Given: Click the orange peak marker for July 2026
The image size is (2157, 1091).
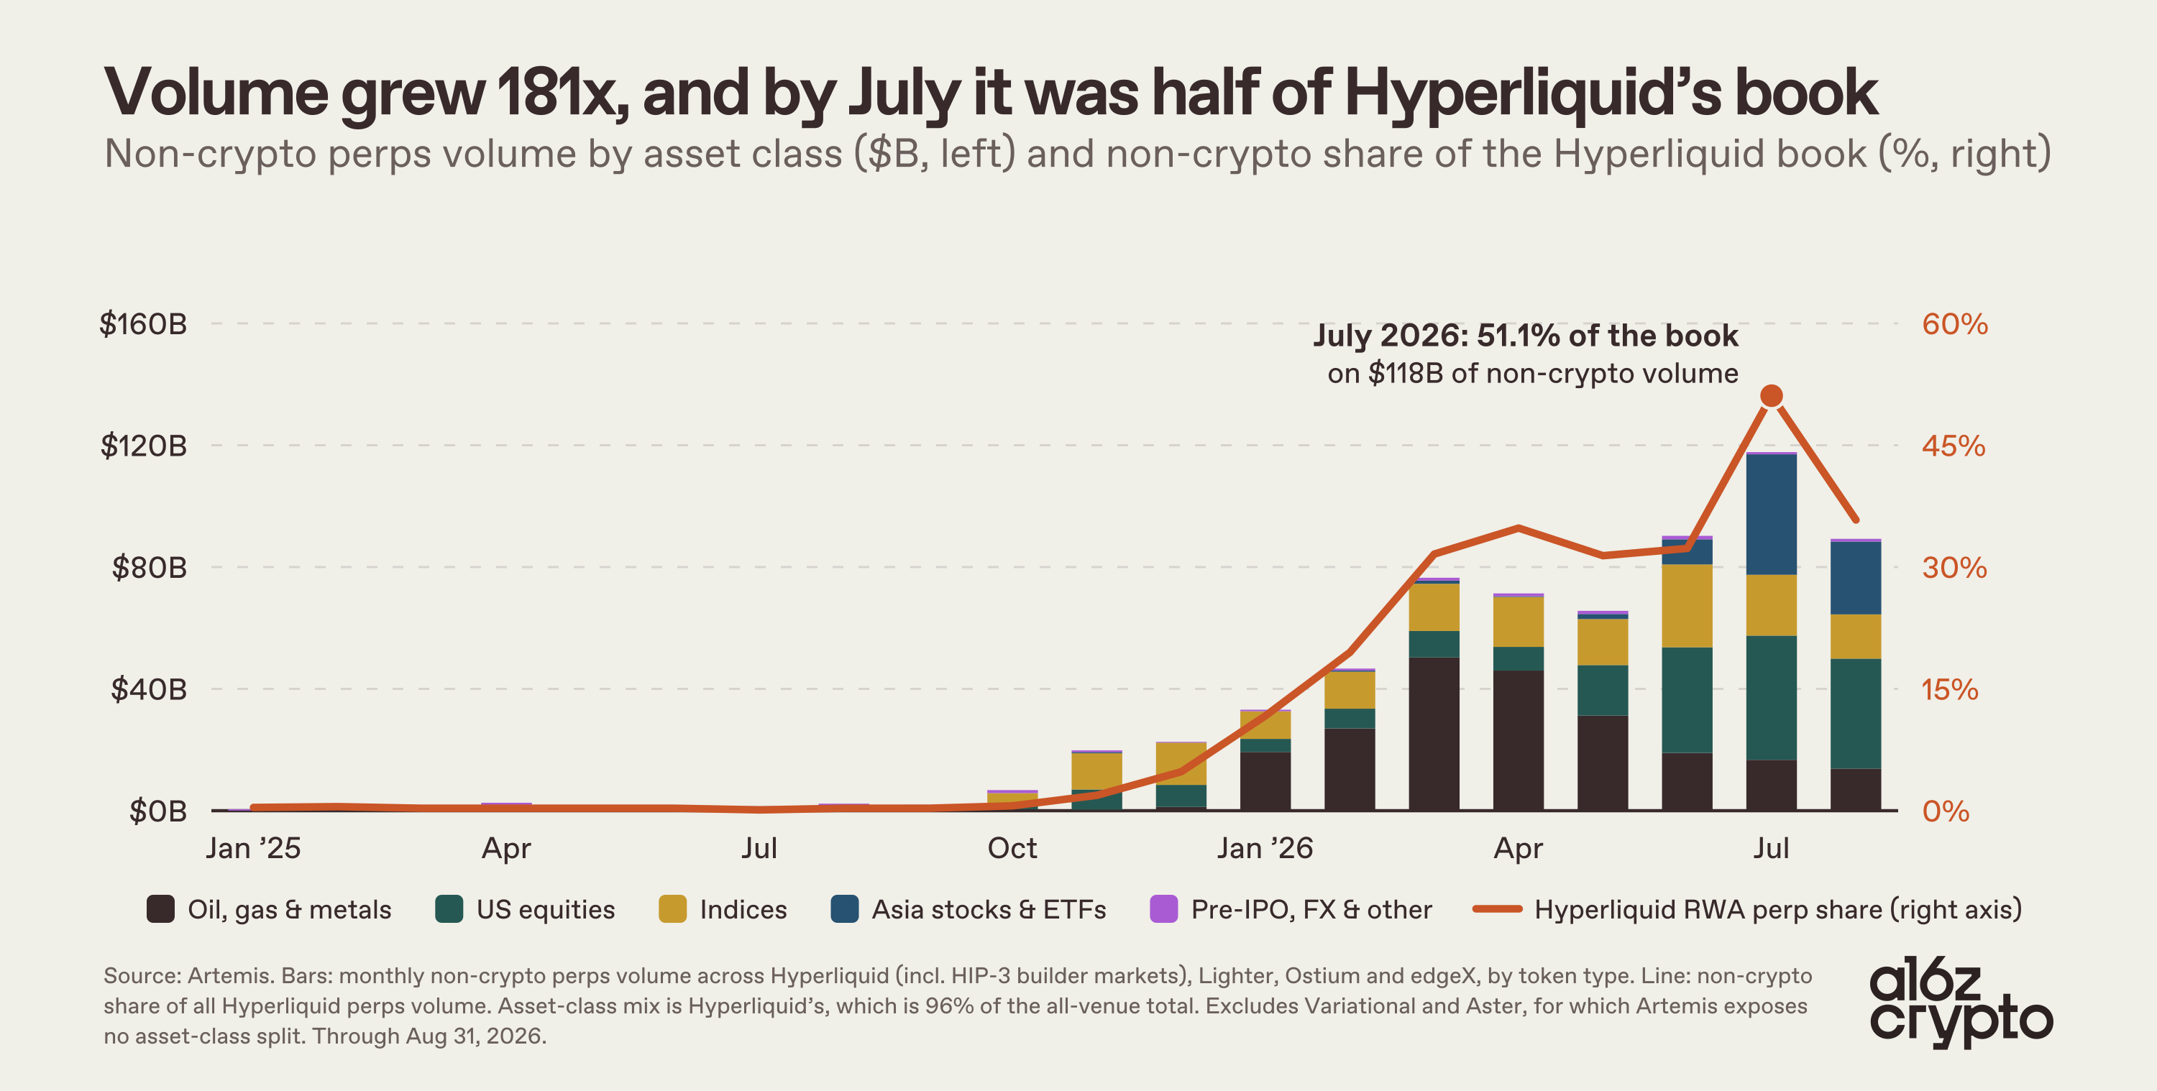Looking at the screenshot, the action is pyautogui.click(x=1771, y=396).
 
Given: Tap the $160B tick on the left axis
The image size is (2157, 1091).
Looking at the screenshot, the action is pyautogui.click(x=143, y=324).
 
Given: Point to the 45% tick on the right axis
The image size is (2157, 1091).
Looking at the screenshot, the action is pyautogui.click(x=1954, y=446).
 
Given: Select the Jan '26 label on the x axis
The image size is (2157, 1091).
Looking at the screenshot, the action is pyautogui.click(x=1265, y=848).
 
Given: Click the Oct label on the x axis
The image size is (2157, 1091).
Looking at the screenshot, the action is pyautogui.click(x=1012, y=848).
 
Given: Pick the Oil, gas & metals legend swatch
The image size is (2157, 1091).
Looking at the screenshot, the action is pyautogui.click(x=161, y=909).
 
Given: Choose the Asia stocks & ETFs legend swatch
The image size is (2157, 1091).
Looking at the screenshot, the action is pyautogui.click(x=844, y=909).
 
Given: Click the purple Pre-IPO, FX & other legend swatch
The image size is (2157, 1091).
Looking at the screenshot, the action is pyautogui.click(x=1164, y=909).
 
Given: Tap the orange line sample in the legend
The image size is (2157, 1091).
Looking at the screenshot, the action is pyautogui.click(x=1497, y=909).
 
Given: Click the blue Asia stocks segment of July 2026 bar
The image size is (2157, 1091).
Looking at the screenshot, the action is pyautogui.click(x=1771, y=514).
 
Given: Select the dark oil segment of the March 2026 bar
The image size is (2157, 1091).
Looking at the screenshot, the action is pyautogui.click(x=1434, y=735).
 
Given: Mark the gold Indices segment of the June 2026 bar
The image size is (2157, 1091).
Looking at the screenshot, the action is pyautogui.click(x=1686, y=606).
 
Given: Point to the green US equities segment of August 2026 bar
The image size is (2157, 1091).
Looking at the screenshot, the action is pyautogui.click(x=1856, y=714).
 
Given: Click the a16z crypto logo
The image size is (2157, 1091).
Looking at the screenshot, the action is pyautogui.click(x=1961, y=1005).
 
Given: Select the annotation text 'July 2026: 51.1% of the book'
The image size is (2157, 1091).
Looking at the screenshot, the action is pyautogui.click(x=1525, y=336).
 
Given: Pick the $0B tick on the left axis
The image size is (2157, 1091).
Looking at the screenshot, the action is pyautogui.click(x=157, y=811).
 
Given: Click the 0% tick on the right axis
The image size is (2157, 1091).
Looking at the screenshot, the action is pyautogui.click(x=1945, y=811).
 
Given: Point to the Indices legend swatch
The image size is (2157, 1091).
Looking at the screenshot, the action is pyautogui.click(x=672, y=909).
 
